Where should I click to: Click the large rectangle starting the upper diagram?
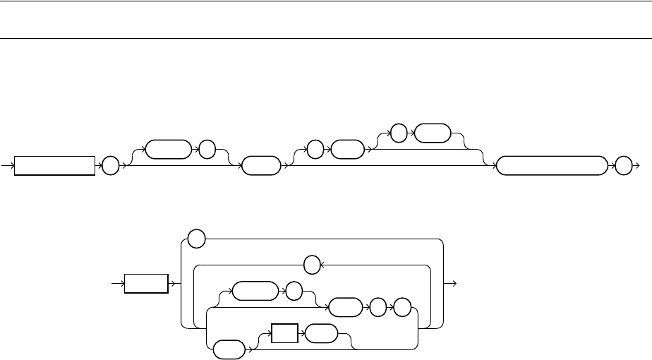pyautogui.click(x=54, y=166)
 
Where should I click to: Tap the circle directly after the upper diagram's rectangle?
pyautogui.click(x=109, y=166)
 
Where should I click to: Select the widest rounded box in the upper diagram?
pyautogui.click(x=551, y=166)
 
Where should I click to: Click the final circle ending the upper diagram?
pyautogui.click(x=622, y=166)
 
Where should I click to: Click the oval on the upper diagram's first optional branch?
pyautogui.click(x=167, y=149)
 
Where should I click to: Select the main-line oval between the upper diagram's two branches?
pyautogui.click(x=259, y=166)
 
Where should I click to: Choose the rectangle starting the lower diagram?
pyautogui.click(x=147, y=284)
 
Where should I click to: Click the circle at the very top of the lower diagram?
pyautogui.click(x=197, y=240)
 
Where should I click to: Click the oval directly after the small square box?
pyautogui.click(x=320, y=334)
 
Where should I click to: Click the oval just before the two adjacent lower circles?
pyautogui.click(x=346, y=308)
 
